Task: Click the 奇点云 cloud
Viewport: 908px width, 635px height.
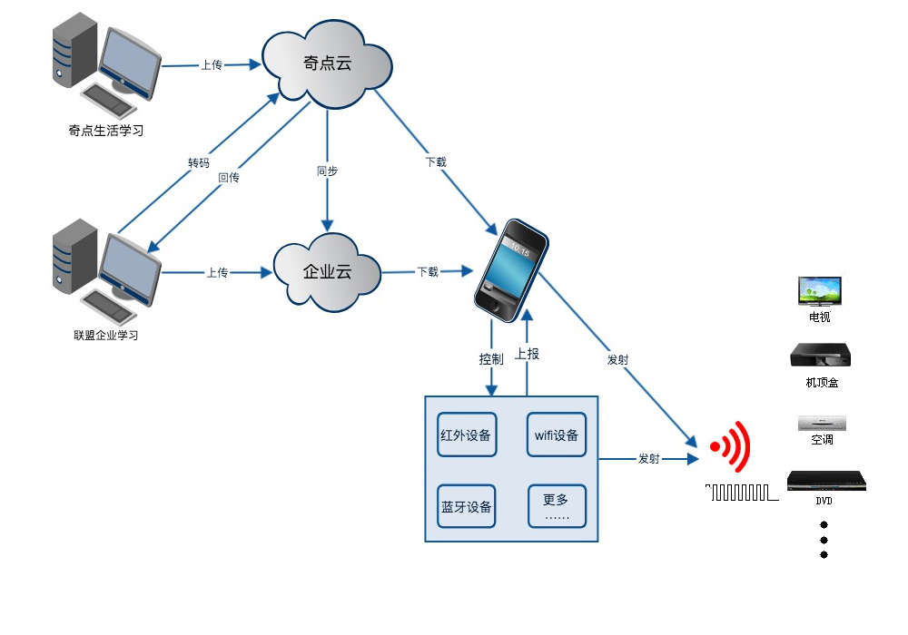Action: [327, 64]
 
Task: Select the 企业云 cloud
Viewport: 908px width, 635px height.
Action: [327, 271]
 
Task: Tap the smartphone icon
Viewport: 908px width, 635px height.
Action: [511, 269]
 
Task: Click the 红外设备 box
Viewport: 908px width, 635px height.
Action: [467, 435]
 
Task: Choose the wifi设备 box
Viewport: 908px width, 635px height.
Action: [557, 435]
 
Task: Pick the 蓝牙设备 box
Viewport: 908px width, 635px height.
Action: [467, 506]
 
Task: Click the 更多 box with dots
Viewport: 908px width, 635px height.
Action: [557, 506]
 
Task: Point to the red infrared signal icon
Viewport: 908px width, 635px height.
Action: [732, 446]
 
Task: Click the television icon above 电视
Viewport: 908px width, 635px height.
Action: [819, 292]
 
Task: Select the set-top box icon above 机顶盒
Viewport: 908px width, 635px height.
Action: [820, 356]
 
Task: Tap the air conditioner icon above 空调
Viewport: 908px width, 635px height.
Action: [822, 423]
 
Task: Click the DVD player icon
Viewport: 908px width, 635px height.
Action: [825, 482]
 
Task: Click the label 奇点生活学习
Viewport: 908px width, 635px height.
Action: [105, 131]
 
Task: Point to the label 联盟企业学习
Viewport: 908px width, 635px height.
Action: [105, 336]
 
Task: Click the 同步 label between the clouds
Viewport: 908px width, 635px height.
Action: [327, 171]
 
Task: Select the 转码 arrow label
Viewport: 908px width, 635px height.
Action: [199, 163]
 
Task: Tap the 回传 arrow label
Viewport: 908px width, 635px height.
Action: [229, 178]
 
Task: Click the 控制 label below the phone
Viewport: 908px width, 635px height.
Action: [491, 359]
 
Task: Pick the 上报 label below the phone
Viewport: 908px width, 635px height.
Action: [527, 354]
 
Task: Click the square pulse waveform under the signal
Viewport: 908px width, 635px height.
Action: [743, 493]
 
